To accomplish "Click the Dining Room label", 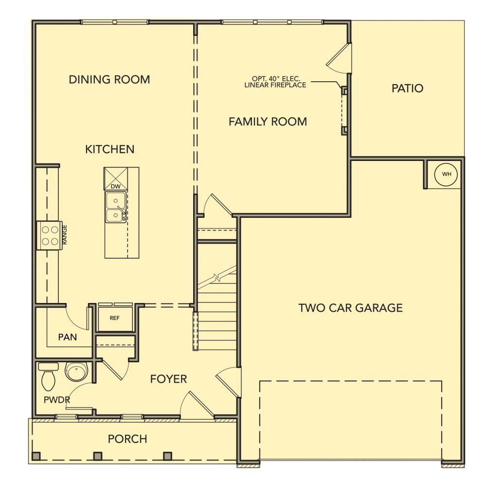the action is (109, 79).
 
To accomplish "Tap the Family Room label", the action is (268, 122).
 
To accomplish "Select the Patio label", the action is (407, 89).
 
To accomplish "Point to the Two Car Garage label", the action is (350, 308).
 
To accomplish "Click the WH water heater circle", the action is (446, 174).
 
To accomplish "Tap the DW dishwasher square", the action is (116, 179).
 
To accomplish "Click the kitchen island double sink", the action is (116, 207).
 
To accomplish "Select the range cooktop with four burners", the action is (50, 235).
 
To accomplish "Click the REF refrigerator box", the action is (115, 318).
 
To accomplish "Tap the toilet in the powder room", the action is (48, 376).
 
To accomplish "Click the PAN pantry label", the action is (67, 337).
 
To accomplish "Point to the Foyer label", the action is (168, 379).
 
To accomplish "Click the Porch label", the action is (127, 439).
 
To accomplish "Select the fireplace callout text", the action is (275, 82).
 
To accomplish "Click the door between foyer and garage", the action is (229, 382).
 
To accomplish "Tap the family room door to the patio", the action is (339, 58).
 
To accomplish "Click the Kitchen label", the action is (109, 149).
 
